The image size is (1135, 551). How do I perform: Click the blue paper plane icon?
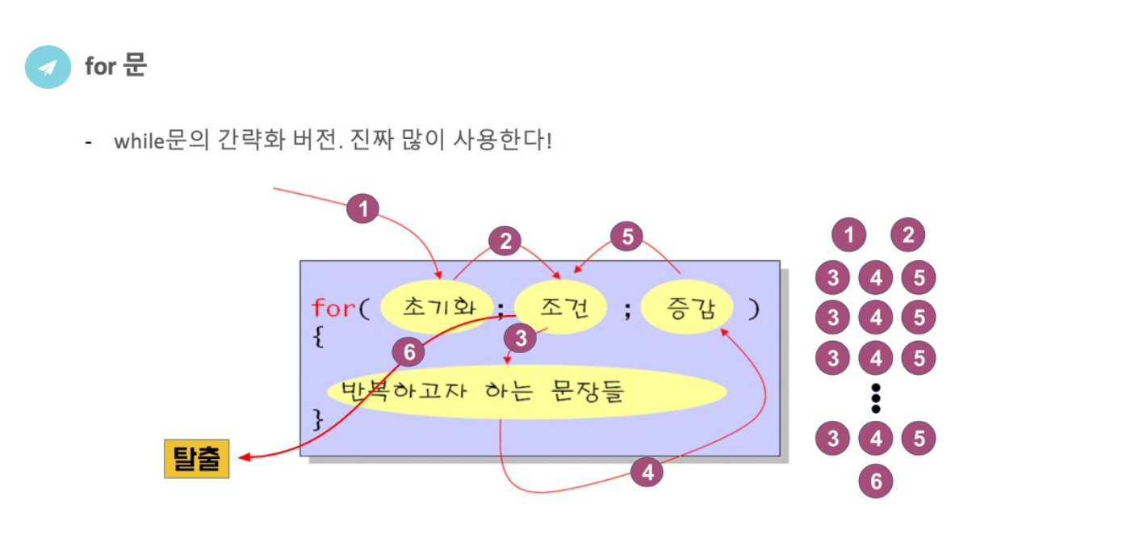pyautogui.click(x=48, y=67)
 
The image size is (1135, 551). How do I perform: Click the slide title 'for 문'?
pyautogui.click(x=115, y=66)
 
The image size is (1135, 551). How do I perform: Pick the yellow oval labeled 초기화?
pyautogui.click(x=437, y=307)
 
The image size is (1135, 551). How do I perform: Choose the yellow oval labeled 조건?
pyautogui.click(x=561, y=307)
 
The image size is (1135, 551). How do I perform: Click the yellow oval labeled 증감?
pyautogui.click(x=687, y=308)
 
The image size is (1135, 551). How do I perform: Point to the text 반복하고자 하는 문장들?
pyautogui.click(x=484, y=393)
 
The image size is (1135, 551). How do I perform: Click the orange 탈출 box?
pyautogui.click(x=197, y=459)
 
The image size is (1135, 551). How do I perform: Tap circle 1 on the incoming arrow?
pyautogui.click(x=363, y=210)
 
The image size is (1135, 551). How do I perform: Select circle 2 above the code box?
pyautogui.click(x=505, y=241)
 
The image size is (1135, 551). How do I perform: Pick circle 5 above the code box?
pyautogui.click(x=626, y=238)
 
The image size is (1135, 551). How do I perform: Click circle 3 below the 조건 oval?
pyautogui.click(x=521, y=339)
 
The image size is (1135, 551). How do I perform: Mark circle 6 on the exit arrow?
pyautogui.click(x=408, y=352)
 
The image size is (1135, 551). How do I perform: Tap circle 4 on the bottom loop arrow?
pyautogui.click(x=647, y=472)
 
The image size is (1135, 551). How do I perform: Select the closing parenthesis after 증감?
pyautogui.click(x=753, y=309)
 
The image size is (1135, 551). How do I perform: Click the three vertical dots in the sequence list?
pyautogui.click(x=876, y=398)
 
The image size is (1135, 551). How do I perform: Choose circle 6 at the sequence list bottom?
pyautogui.click(x=876, y=482)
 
